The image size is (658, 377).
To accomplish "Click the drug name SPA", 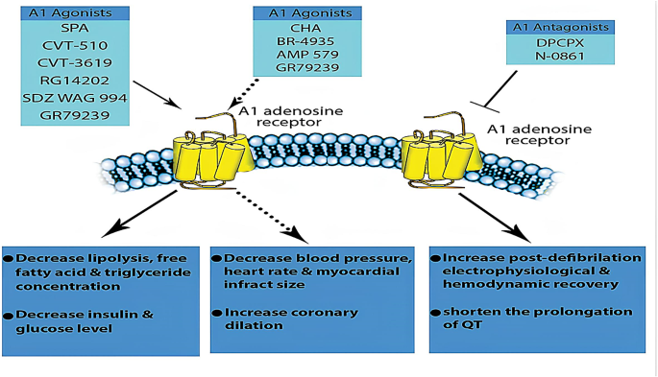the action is (x=75, y=28).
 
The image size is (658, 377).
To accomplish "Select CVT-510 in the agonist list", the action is (x=75, y=45).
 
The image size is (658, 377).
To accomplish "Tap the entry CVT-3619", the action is (x=75, y=63).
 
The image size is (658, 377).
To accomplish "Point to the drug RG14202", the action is (x=75, y=80).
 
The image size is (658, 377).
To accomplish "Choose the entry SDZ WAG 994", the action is (x=75, y=98).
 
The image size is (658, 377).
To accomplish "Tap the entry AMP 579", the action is (x=307, y=55).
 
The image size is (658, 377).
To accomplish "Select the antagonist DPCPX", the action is (x=560, y=43).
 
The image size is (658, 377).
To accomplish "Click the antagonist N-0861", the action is (x=560, y=56).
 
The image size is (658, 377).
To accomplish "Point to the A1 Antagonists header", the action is (x=560, y=27).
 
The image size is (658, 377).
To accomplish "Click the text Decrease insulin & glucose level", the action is (x=85, y=321).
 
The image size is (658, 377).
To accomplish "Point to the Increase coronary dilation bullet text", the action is (x=291, y=318).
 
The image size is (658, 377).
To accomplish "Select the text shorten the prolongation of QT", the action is (x=538, y=318).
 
